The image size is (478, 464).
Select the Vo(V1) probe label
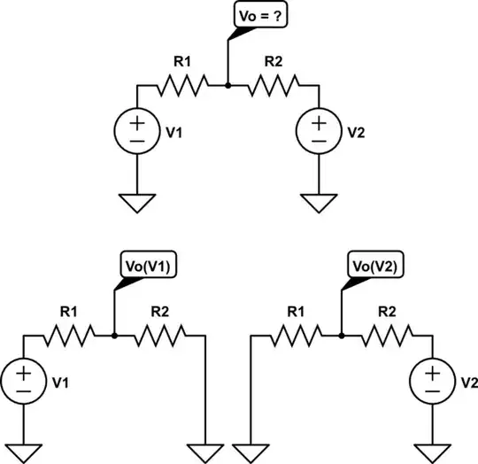147,264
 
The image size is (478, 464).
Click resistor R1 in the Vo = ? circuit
183,85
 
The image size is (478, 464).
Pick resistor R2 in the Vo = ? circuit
275,85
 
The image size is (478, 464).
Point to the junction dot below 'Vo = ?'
229,85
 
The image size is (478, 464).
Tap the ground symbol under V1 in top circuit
137,204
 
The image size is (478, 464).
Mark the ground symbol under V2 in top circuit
320,204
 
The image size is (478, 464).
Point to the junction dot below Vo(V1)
116,335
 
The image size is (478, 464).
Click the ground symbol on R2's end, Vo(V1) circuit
206,452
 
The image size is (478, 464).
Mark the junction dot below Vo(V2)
343,335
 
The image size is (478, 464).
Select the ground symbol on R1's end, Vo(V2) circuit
252,452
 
